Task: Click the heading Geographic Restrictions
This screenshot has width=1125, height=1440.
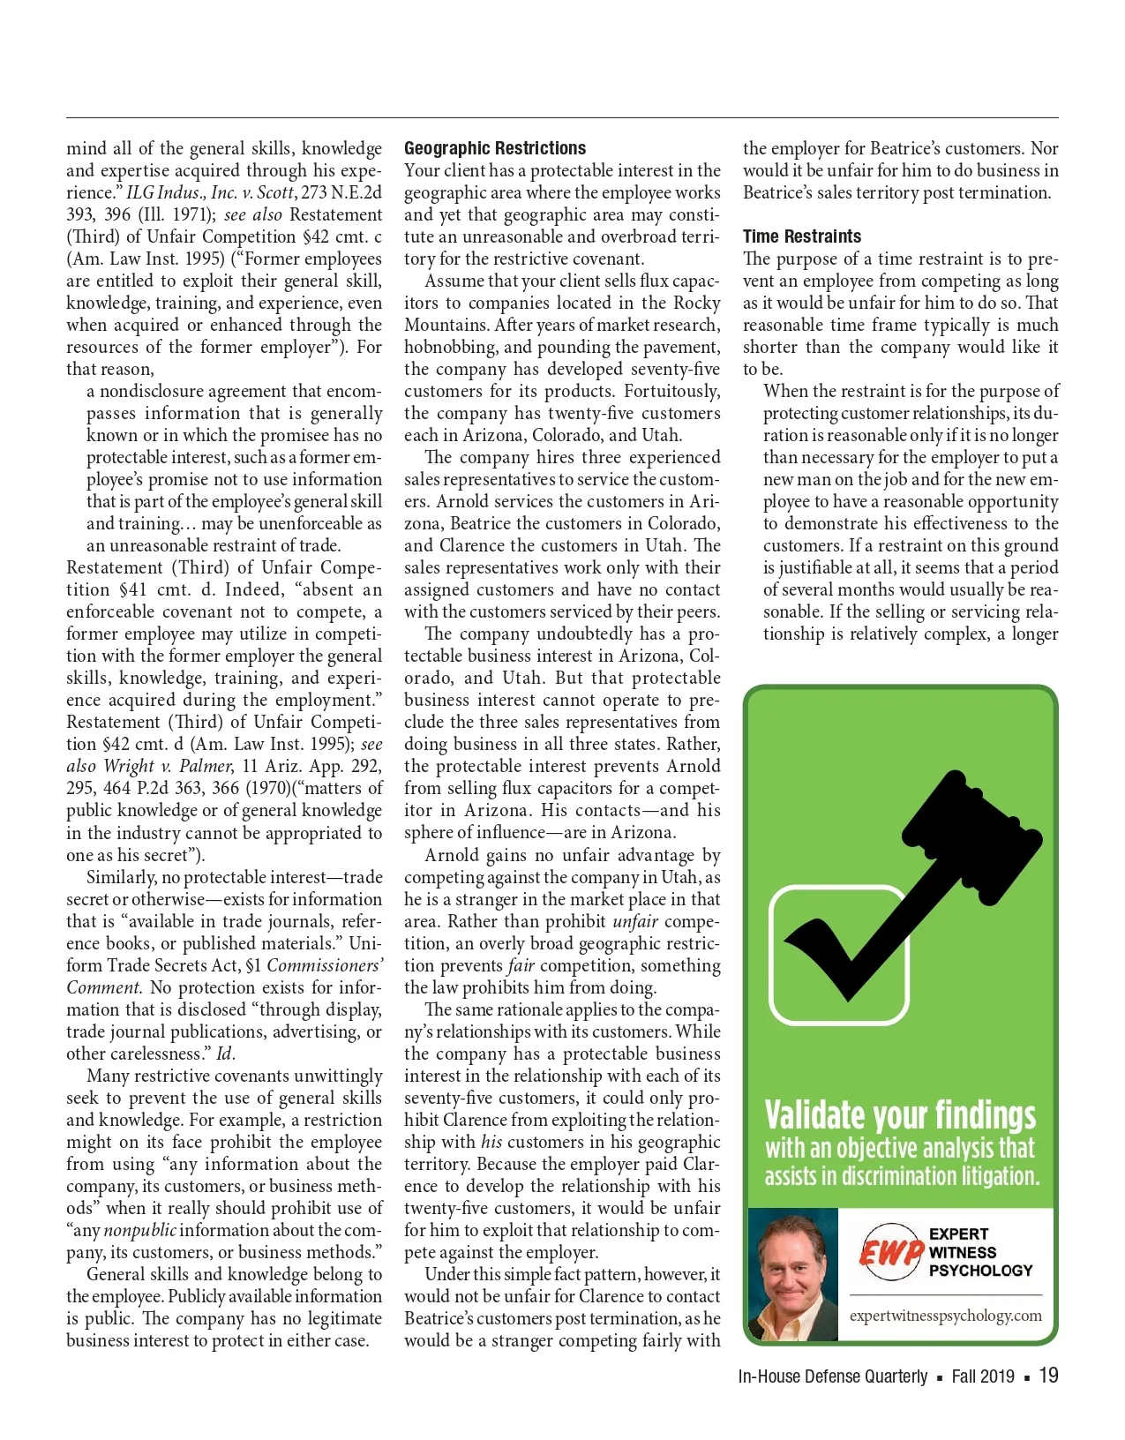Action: pyautogui.click(x=495, y=148)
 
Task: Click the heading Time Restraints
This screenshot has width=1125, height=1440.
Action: pyautogui.click(x=801, y=236)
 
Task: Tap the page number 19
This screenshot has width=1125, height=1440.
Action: pyautogui.click(x=1048, y=1375)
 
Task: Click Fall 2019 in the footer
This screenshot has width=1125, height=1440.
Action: pyautogui.click(x=982, y=1376)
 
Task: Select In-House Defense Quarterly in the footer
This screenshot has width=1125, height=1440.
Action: pyautogui.click(x=832, y=1376)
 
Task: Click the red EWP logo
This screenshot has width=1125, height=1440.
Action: pyautogui.click(x=889, y=1252)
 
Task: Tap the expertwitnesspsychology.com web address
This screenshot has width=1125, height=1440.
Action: pyautogui.click(x=945, y=1316)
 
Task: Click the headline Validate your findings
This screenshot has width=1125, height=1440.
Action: pyautogui.click(x=900, y=1115)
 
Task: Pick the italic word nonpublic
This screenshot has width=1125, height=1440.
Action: pyautogui.click(x=139, y=1230)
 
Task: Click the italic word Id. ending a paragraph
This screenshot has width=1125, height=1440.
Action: pyautogui.click(x=226, y=1054)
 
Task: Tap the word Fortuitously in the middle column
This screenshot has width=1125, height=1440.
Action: pyautogui.click(x=671, y=391)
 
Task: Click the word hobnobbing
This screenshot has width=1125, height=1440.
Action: pyautogui.click(x=450, y=347)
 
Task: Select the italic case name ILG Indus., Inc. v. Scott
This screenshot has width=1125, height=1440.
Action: pyautogui.click(x=210, y=192)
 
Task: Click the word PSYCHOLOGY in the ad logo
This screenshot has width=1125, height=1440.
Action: pyautogui.click(x=980, y=1271)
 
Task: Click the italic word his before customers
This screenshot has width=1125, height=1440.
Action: pyautogui.click(x=491, y=1142)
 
